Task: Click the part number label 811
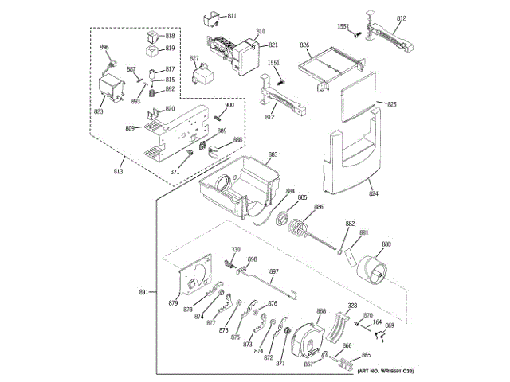pos(232,16)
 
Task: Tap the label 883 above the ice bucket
pos(273,154)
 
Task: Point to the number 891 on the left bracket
pos(143,293)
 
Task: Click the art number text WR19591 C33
pos(386,371)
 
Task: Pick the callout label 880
pos(386,244)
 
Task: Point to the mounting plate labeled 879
pos(194,279)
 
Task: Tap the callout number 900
pos(229,106)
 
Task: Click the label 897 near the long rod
pos(273,272)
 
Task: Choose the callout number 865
pos(366,356)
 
